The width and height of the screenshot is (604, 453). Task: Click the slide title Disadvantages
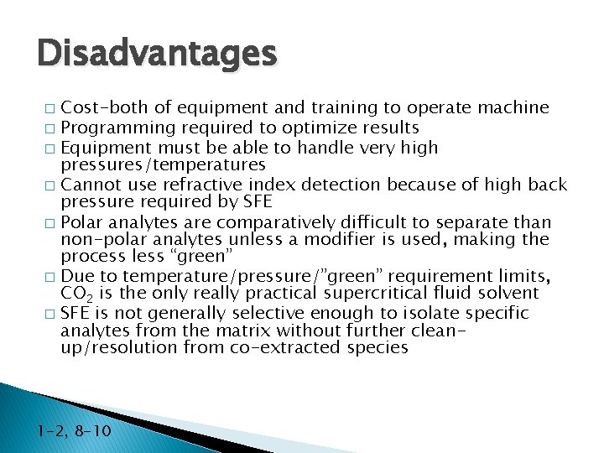157,53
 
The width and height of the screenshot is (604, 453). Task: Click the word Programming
117,128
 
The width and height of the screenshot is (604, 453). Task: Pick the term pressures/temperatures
164,165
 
